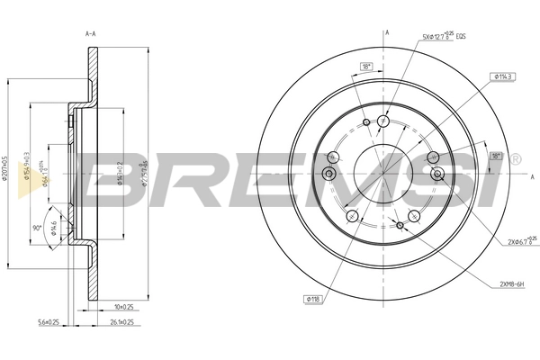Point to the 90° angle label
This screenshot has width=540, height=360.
coord(37,229)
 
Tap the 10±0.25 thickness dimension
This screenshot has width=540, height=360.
coord(124,305)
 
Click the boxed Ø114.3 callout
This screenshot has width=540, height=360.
coord(503,77)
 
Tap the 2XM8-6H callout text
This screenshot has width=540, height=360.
coord(512,283)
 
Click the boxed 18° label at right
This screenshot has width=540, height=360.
coord(494,156)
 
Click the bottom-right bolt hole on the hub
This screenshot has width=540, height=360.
coord(415,215)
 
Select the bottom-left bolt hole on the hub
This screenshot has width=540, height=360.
coord(352,215)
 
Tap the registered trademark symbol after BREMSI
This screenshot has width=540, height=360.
coord(515,158)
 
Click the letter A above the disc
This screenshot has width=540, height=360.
coord(386,32)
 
